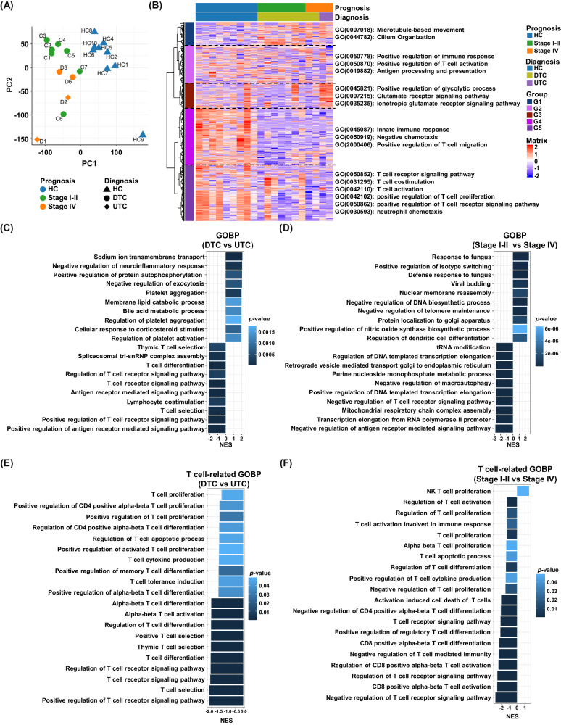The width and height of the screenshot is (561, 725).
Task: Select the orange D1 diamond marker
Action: tap(37, 139)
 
